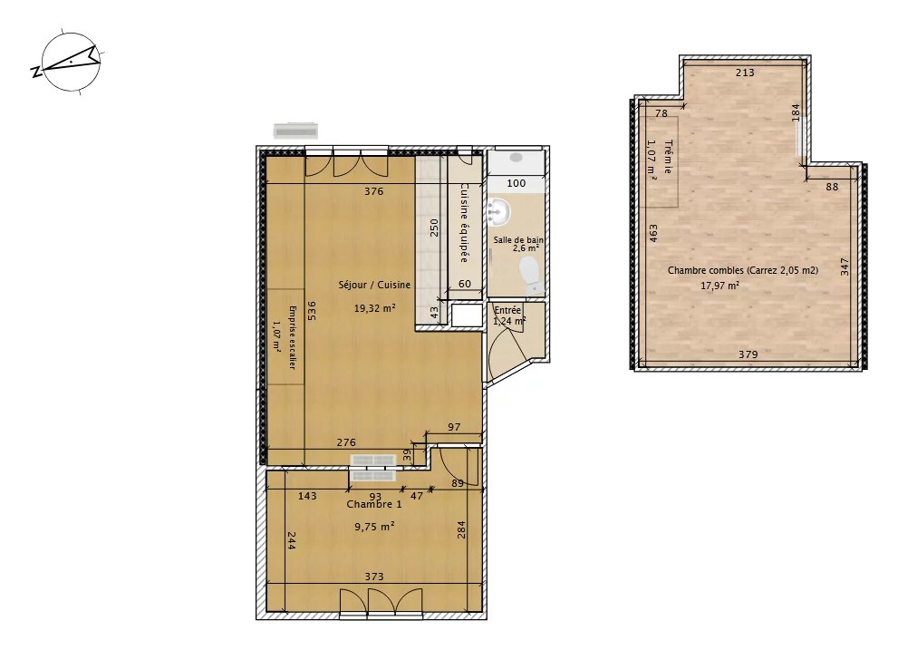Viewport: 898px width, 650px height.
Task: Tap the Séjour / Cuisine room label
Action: (x=374, y=285)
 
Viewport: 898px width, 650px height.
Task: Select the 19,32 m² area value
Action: (x=374, y=308)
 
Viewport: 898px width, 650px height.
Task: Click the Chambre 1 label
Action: (x=374, y=504)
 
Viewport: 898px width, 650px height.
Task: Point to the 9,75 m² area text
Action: (x=374, y=526)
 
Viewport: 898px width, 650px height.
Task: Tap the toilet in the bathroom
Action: (x=529, y=274)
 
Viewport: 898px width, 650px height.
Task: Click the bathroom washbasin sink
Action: (x=497, y=213)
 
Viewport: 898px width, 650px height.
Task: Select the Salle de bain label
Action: (x=518, y=240)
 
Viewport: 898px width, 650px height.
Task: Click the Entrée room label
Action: (x=507, y=310)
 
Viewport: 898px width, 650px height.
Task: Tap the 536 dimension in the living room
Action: (x=312, y=310)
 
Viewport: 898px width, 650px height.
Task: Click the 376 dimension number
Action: (x=374, y=191)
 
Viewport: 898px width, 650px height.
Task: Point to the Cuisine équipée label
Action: (x=465, y=223)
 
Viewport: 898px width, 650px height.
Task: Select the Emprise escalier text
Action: (x=292, y=337)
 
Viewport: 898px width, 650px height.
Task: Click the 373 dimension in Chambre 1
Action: (x=374, y=577)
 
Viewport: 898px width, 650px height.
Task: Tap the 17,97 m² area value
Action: (x=719, y=285)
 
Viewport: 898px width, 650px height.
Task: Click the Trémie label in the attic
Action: (x=668, y=157)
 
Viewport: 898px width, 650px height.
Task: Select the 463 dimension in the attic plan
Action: (x=653, y=233)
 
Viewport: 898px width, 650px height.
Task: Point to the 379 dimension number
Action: (x=748, y=354)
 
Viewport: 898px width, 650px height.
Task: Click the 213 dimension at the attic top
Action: (x=745, y=73)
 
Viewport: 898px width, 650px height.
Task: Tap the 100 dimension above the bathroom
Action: (x=516, y=183)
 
